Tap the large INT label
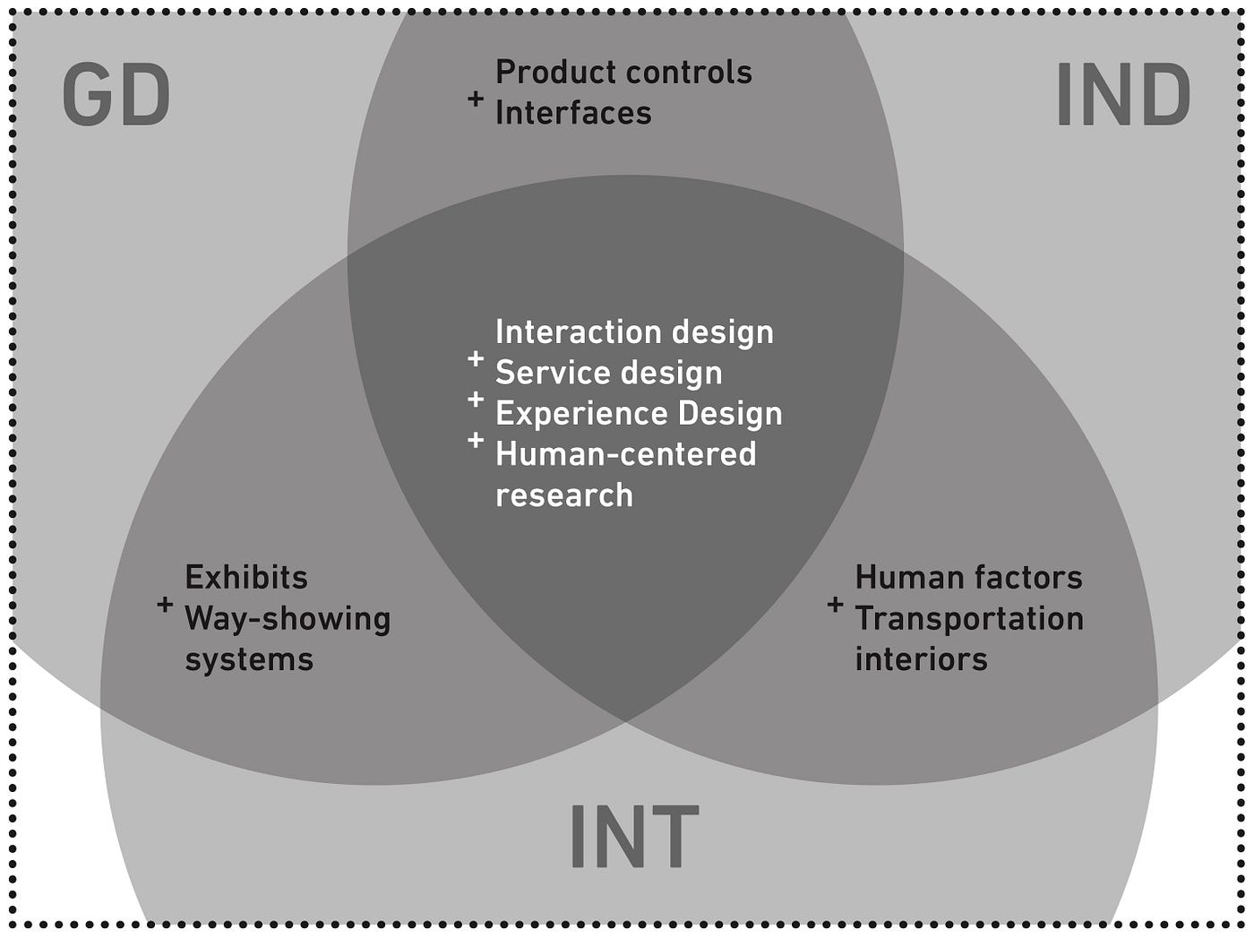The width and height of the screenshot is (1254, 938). coord(633,837)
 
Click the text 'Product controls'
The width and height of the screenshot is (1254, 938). coord(623,73)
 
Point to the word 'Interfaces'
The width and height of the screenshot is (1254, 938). coord(573,114)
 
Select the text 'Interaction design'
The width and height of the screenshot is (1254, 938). coord(634,332)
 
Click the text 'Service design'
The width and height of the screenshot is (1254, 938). coord(608,373)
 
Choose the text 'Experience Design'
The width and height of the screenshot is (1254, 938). coord(639,414)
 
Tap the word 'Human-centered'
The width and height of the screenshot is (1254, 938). coord(625,454)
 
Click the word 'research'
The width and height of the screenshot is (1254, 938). coord(564,495)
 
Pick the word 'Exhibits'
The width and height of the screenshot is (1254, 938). coord(246,578)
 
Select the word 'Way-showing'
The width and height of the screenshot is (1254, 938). coord(288,619)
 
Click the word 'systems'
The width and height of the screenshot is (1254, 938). coord(249,660)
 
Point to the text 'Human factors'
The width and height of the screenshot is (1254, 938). coord(968,578)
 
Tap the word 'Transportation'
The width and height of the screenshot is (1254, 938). coord(969,619)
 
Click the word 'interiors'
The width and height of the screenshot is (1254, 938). coord(921,660)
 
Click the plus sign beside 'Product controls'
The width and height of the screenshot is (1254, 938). coord(476,98)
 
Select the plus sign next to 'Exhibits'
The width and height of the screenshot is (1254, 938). coord(165,604)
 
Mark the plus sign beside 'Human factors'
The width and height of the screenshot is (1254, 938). coord(835,604)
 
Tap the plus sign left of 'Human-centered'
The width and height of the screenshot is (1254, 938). coord(476,440)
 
